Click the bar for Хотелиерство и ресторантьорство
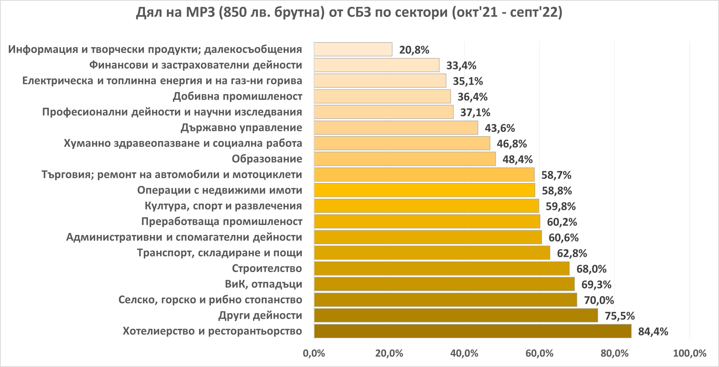click(x=472, y=331)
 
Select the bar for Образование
click(x=405, y=159)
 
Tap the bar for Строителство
click(x=441, y=268)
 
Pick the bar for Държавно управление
click(x=396, y=127)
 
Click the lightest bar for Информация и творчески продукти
click(x=353, y=50)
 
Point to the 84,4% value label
click(x=653, y=332)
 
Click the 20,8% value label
click(x=414, y=50)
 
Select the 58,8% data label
click(x=557, y=191)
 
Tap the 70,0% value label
click(x=599, y=300)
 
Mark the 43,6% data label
click(x=500, y=128)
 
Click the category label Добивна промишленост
click(x=237, y=96)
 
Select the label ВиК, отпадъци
click(x=263, y=284)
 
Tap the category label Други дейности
click(x=260, y=315)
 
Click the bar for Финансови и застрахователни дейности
click(x=377, y=65)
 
